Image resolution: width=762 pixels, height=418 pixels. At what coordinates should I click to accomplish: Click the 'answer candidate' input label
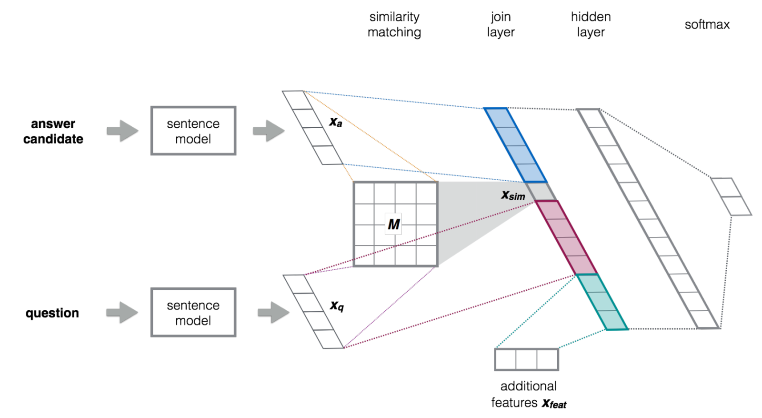53,131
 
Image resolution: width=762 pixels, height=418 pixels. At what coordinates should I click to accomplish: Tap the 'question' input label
52,313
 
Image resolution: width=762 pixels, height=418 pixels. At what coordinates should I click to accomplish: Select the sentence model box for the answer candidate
193,131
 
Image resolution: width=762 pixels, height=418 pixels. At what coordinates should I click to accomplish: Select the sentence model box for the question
193,312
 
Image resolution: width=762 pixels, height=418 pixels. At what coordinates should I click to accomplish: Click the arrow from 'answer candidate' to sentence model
122,131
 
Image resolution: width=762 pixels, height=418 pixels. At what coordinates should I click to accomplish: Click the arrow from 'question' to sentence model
122,313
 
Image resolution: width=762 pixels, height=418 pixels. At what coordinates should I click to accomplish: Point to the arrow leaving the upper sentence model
268,131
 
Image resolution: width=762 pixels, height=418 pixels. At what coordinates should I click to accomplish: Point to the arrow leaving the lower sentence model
273,313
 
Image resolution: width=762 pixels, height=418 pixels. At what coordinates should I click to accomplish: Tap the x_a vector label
335,122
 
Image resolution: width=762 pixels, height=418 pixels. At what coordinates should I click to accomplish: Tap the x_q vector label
337,306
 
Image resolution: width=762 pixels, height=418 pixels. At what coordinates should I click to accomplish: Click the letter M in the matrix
393,224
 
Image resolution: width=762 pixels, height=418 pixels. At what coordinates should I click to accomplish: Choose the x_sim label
513,195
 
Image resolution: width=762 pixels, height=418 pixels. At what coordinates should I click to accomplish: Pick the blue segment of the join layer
515,145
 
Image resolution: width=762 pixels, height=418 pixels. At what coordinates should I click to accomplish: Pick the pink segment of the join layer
566,237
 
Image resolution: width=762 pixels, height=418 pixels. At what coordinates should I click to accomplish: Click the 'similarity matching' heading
394,24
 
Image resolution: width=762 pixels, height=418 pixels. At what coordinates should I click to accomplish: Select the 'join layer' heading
501,24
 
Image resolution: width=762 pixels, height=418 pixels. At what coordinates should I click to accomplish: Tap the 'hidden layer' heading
591,24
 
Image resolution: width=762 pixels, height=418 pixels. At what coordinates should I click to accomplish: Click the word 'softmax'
707,25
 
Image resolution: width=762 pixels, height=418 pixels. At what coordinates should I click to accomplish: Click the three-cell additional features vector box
526,359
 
